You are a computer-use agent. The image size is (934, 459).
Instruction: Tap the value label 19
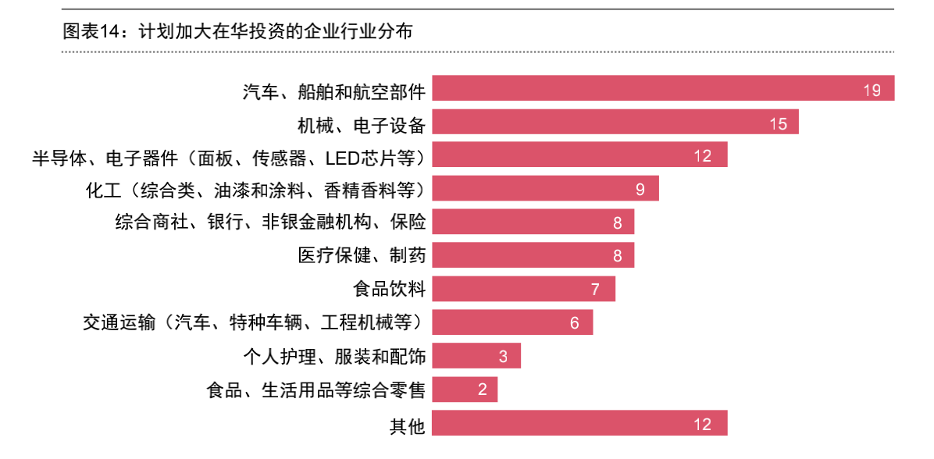click(872, 90)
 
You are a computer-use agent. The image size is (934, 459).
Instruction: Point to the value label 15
click(778, 123)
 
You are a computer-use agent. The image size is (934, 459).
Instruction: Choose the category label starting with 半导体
click(228, 157)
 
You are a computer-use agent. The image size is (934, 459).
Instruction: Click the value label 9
click(640, 190)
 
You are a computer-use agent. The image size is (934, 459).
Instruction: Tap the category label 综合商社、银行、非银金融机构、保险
click(270, 222)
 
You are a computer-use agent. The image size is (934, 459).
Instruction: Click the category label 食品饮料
click(389, 290)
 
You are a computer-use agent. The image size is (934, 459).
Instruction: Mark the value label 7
click(595, 290)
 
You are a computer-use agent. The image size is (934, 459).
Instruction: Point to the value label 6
click(574, 323)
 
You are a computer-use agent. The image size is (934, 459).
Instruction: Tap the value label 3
click(503, 357)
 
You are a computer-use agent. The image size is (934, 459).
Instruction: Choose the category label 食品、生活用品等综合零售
click(315, 390)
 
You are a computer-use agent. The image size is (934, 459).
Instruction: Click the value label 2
click(482, 390)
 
